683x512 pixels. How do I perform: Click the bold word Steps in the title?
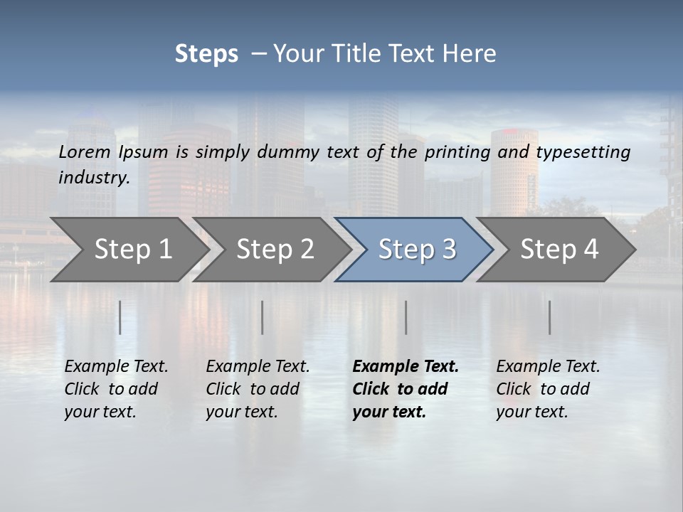coord(206,54)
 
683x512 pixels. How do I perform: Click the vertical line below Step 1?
coord(120,317)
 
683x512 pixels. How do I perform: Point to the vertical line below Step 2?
coord(263,317)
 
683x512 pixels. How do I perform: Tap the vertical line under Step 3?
coord(406,317)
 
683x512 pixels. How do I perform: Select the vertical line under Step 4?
coord(550,317)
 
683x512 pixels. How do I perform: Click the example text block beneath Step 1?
coord(116,389)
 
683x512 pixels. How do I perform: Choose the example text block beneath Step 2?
coord(258,389)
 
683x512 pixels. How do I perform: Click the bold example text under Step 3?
coord(406,389)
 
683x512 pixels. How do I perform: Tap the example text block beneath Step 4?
coord(548,389)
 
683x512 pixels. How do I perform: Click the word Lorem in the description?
coord(85,151)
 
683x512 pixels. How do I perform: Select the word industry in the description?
coord(93,178)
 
